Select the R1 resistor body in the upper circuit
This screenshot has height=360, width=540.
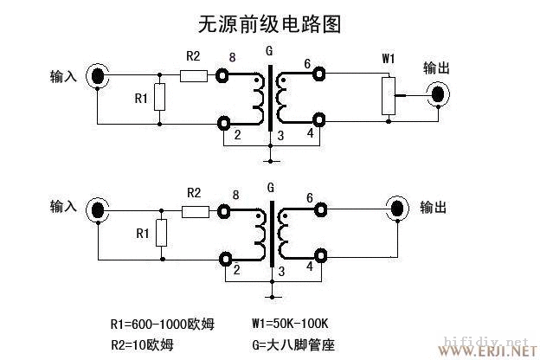[x=159, y=98]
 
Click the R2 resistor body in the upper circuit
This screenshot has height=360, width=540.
[x=194, y=75]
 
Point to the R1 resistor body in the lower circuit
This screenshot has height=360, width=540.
[x=159, y=233]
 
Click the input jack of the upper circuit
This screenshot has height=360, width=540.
[x=98, y=76]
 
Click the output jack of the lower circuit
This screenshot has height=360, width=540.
[x=397, y=209]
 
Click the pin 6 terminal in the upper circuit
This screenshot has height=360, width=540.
[x=319, y=75]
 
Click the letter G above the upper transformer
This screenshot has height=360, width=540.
[x=273, y=51]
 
